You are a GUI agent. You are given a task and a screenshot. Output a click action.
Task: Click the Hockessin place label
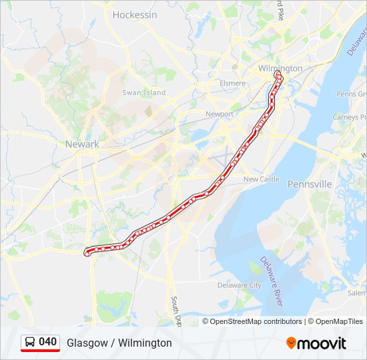coord(134,14)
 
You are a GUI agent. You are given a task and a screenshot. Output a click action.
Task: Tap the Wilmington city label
coord(280,68)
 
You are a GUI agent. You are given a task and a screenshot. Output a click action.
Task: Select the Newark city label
coord(82,144)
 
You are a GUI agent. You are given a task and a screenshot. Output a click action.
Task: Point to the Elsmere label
coord(232,84)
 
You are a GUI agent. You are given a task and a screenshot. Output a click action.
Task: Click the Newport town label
coord(220,114)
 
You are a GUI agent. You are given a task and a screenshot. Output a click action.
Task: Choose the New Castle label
coord(261,179)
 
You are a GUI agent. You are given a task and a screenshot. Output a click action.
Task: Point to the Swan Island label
coord(143,93)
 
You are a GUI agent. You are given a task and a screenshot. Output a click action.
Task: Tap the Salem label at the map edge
coord(357,293)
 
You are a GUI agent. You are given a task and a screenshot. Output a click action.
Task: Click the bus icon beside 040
coord(29,342)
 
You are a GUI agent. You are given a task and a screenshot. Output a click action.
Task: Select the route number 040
coord(48,342)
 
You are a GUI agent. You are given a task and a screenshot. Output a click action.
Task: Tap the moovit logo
coord(316,343)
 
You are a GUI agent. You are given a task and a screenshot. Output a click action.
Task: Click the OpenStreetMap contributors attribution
coord(256,321)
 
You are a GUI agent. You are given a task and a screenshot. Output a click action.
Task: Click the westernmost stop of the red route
coord(87,252)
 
